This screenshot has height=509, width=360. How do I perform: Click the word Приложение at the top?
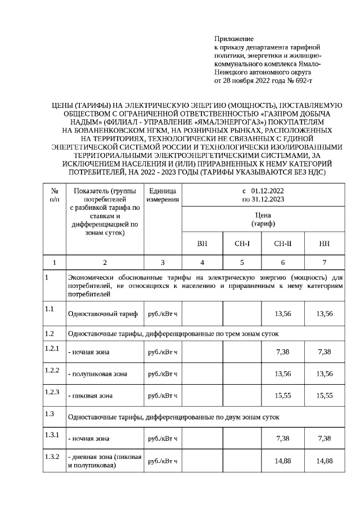pyautogui.click(x=234, y=39)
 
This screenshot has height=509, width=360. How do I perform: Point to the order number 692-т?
pyautogui.click(x=300, y=81)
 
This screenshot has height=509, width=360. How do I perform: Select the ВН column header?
pyautogui.click(x=202, y=244)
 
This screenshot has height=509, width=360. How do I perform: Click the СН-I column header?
pyautogui.click(x=242, y=244)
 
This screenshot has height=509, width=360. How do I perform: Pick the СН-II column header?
pyautogui.click(x=282, y=244)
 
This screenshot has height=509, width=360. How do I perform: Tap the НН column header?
pyautogui.click(x=324, y=244)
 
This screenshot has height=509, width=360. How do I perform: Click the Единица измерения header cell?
pyautogui.click(x=163, y=195)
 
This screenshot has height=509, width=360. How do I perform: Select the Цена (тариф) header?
pyautogui.click(x=263, y=219)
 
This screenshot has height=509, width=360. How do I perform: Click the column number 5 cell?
pyautogui.click(x=242, y=262)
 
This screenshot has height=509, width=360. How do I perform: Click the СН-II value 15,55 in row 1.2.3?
pyautogui.click(x=282, y=395)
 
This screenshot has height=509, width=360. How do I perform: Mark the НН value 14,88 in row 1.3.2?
pyautogui.click(x=324, y=461)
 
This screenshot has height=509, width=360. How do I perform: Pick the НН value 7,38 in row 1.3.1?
pyautogui.click(x=324, y=438)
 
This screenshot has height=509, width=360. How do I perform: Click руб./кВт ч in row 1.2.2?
pyautogui.click(x=163, y=373)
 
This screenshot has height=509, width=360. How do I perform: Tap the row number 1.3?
pyautogui.click(x=49, y=414)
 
